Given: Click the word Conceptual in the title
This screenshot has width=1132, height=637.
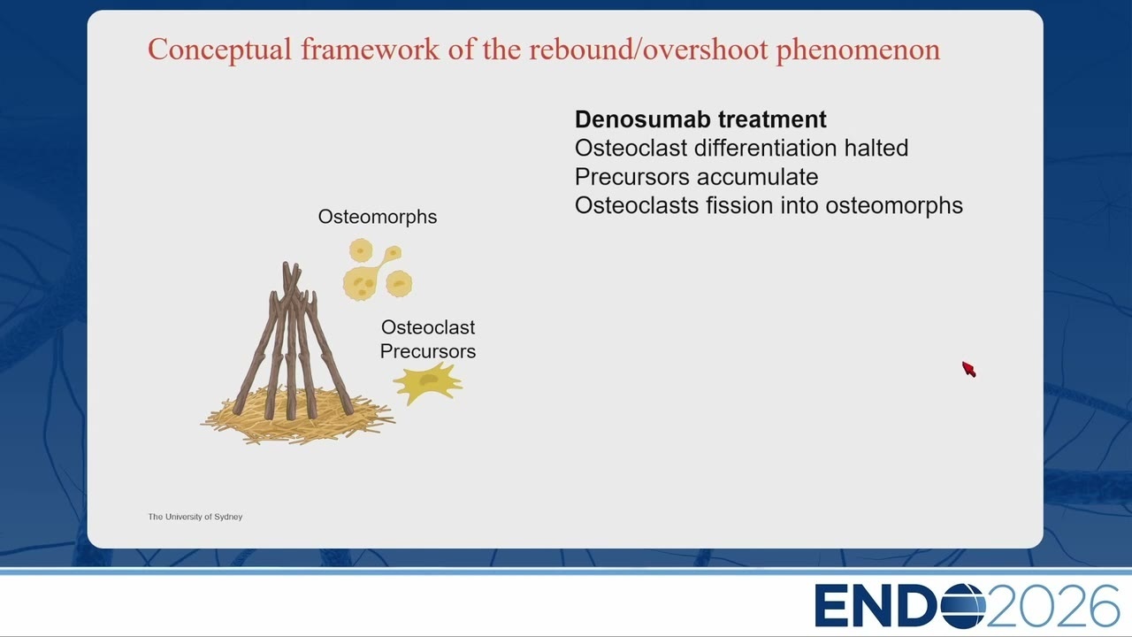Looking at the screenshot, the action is (220, 50).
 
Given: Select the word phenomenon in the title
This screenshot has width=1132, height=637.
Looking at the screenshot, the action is (858, 50).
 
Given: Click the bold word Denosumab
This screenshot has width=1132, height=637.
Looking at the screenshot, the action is (642, 119).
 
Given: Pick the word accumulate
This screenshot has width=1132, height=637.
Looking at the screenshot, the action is (757, 177).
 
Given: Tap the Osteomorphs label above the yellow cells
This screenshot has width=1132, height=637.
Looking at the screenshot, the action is (378, 217).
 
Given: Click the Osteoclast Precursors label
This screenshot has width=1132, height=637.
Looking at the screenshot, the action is (428, 339).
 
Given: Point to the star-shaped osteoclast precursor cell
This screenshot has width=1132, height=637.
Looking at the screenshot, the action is (427, 383).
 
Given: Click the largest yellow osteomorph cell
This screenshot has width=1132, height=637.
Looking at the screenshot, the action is (359, 285).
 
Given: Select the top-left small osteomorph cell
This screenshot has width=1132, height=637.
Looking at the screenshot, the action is (361, 250).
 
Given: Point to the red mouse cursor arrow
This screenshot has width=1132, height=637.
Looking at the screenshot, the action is (968, 369).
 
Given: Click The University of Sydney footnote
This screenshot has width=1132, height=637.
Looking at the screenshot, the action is (195, 517).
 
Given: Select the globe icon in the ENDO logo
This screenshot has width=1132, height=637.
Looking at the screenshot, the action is (963, 606).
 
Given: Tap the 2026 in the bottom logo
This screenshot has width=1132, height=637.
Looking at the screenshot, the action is (1052, 606).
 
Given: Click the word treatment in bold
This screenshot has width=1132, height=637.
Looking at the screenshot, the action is (772, 119).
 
